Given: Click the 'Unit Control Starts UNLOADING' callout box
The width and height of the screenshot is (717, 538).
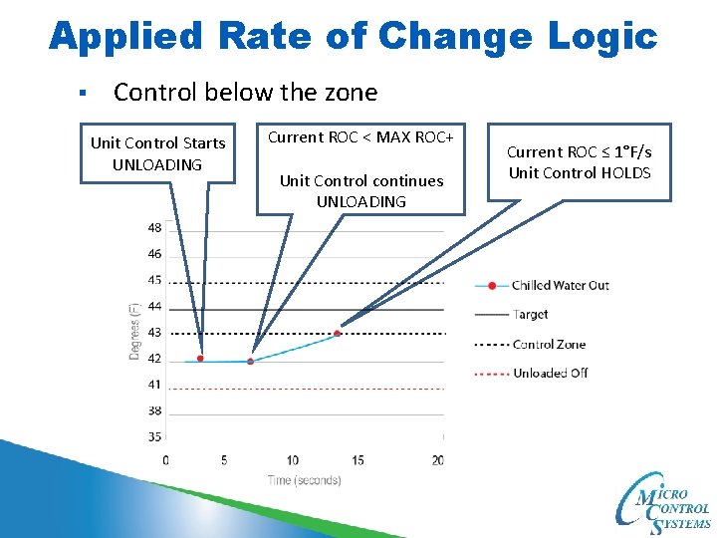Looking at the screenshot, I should (158, 153).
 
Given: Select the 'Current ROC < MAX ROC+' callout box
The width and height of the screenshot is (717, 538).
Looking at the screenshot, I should (360, 168).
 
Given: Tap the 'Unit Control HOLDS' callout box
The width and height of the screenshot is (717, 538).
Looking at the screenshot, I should (579, 162).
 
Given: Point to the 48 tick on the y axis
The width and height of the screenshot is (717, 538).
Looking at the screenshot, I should (154, 228).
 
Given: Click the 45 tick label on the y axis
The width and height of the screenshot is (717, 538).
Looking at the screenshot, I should (154, 280).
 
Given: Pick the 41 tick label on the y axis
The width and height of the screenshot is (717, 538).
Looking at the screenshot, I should (154, 385).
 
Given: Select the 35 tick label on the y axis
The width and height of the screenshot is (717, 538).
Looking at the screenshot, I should (154, 436).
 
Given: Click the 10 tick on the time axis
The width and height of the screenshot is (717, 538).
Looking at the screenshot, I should (293, 460).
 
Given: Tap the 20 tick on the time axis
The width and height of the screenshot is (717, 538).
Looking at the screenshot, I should (437, 460).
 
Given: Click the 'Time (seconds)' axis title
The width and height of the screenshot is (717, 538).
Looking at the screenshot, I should (304, 480).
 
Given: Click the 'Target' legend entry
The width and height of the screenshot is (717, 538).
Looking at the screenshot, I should (530, 315).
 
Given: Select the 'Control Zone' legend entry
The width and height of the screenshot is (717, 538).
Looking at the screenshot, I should (549, 345).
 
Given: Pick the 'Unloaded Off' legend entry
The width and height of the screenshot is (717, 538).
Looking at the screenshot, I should (549, 373).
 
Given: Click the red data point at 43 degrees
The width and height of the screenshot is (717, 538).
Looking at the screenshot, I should (338, 333).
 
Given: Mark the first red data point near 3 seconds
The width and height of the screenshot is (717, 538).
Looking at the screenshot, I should (201, 359).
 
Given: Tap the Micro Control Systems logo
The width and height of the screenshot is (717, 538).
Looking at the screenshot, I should (664, 504).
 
